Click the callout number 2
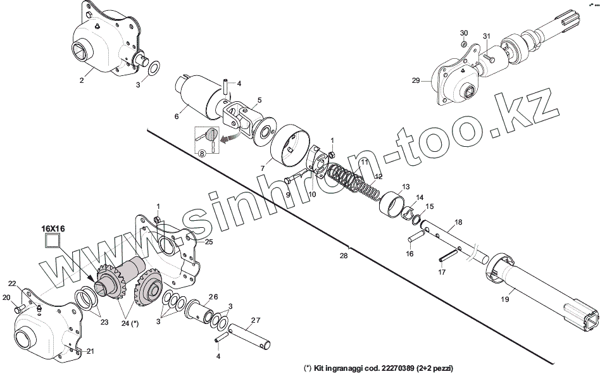[81, 80]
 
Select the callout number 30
[464, 32]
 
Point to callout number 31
[486, 35]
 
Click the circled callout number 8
[203, 153]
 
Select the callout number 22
[12, 283]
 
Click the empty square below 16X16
[50, 240]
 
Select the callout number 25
[208, 242]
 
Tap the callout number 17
[441, 272]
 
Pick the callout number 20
[6, 297]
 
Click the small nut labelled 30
[464, 44]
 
